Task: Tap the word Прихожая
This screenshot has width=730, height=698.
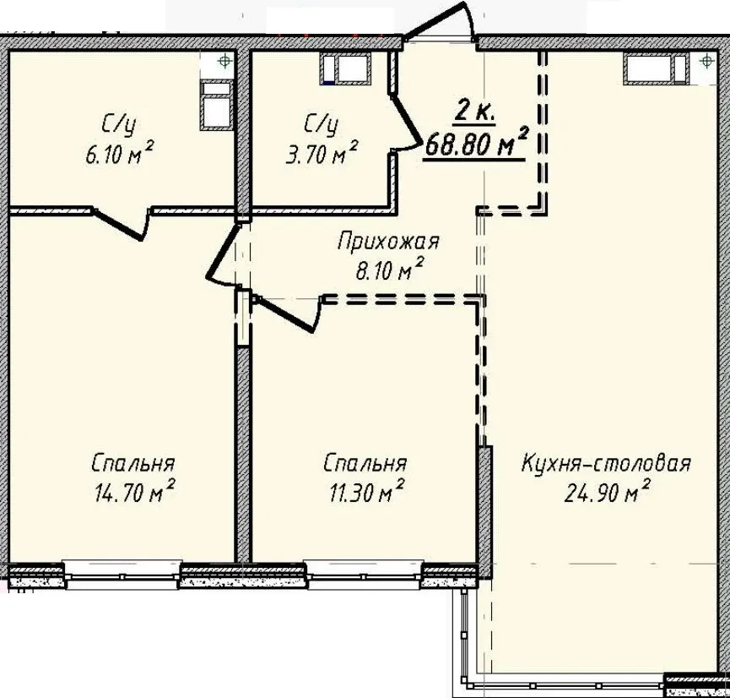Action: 388,243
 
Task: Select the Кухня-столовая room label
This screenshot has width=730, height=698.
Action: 606,463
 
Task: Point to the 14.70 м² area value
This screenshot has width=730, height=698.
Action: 134,492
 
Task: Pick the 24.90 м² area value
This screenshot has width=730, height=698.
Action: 607,492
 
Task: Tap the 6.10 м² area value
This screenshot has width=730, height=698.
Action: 119,152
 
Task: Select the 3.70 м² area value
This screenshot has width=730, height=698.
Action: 322,152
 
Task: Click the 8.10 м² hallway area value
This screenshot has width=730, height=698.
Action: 390,270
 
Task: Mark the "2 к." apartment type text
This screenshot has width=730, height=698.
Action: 474,111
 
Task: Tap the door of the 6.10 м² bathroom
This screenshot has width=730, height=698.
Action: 121,224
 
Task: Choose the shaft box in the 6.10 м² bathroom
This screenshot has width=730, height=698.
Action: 216,105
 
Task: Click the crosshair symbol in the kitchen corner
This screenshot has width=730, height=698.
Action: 706,61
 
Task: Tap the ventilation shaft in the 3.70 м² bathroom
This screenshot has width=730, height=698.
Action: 345,68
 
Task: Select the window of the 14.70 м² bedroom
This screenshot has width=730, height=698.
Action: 122,576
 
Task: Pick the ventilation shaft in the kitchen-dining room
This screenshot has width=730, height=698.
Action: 657,68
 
